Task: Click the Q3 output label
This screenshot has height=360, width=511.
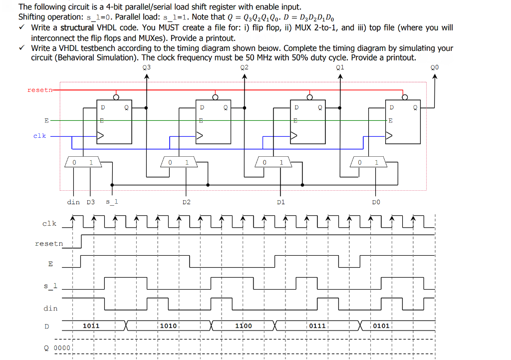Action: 146,67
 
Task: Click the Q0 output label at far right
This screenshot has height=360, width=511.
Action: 434,67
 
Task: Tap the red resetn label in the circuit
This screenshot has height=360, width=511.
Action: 38,90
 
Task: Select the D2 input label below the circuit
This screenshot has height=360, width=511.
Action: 186,202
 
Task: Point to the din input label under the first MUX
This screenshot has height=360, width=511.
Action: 73,202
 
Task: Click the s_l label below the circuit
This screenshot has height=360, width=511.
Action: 112,202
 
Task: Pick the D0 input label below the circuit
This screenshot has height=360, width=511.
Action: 376,202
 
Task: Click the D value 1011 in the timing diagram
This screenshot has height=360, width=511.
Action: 91,326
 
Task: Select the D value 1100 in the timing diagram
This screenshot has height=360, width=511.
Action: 244,326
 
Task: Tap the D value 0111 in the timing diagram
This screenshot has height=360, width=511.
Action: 317,326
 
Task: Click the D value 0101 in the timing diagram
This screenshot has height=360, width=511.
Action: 381,326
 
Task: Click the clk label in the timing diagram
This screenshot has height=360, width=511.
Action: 49,223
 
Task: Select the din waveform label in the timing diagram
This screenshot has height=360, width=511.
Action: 50,308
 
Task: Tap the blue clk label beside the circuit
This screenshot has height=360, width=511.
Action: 39,136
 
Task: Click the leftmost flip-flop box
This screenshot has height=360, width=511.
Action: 114,122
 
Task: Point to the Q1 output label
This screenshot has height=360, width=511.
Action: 340,67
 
